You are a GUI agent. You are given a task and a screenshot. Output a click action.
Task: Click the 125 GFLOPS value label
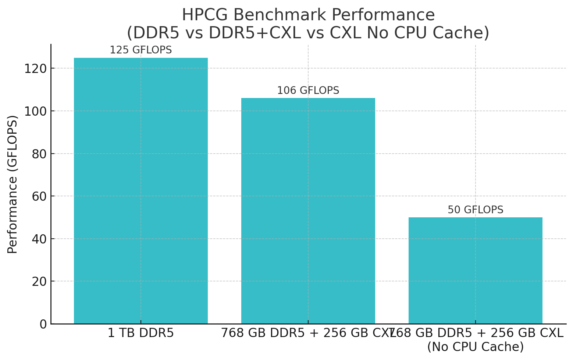coord(140,50)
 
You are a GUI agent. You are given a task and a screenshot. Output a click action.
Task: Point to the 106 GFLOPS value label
coord(308,91)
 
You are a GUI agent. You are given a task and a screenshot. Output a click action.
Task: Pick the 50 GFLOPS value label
coord(475,210)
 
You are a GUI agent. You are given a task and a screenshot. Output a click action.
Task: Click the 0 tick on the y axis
coord(43,324)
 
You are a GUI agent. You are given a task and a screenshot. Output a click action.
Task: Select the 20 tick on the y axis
coord(40,281)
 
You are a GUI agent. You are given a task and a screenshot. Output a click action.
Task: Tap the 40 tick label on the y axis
coord(40,239)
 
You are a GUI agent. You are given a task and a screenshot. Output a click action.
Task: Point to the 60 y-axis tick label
coord(40,196)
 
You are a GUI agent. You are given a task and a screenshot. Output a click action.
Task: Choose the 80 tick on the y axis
coord(40,154)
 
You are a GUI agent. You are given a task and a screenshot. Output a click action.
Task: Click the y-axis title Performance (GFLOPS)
coord(13,184)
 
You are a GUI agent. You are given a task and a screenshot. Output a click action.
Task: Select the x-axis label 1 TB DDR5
coord(140,333)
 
